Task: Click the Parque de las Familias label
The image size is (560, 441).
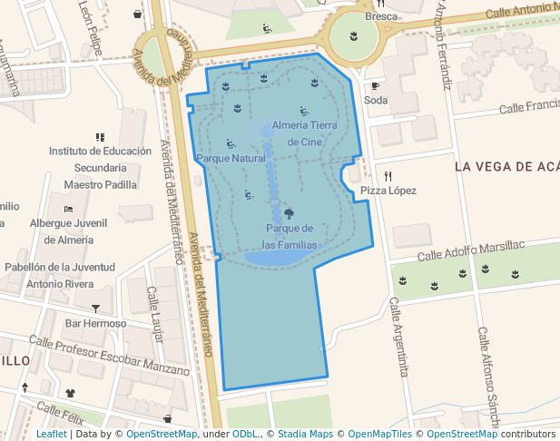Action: click(290, 236)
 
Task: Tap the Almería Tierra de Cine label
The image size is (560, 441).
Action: click(304, 133)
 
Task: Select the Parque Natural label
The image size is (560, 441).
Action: click(231, 158)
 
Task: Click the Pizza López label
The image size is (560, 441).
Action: click(388, 191)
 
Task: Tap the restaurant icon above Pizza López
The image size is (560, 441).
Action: click(388, 175)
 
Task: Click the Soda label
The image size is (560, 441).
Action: click(376, 100)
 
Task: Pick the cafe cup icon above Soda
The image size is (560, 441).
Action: click(375, 85)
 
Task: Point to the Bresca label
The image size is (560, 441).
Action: click(381, 16)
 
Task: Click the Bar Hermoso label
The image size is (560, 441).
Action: click(95, 324)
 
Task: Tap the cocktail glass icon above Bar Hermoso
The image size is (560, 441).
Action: click(95, 309)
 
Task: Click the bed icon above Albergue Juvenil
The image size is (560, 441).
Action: click(68, 209)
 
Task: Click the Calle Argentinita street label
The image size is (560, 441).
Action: click(398, 337)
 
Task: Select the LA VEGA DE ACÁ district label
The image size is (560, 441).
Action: click(506, 167)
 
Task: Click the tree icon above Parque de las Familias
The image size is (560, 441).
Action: click(290, 213)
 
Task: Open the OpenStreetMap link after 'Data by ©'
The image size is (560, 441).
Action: click(162, 435)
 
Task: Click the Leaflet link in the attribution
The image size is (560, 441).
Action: click(51, 435)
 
